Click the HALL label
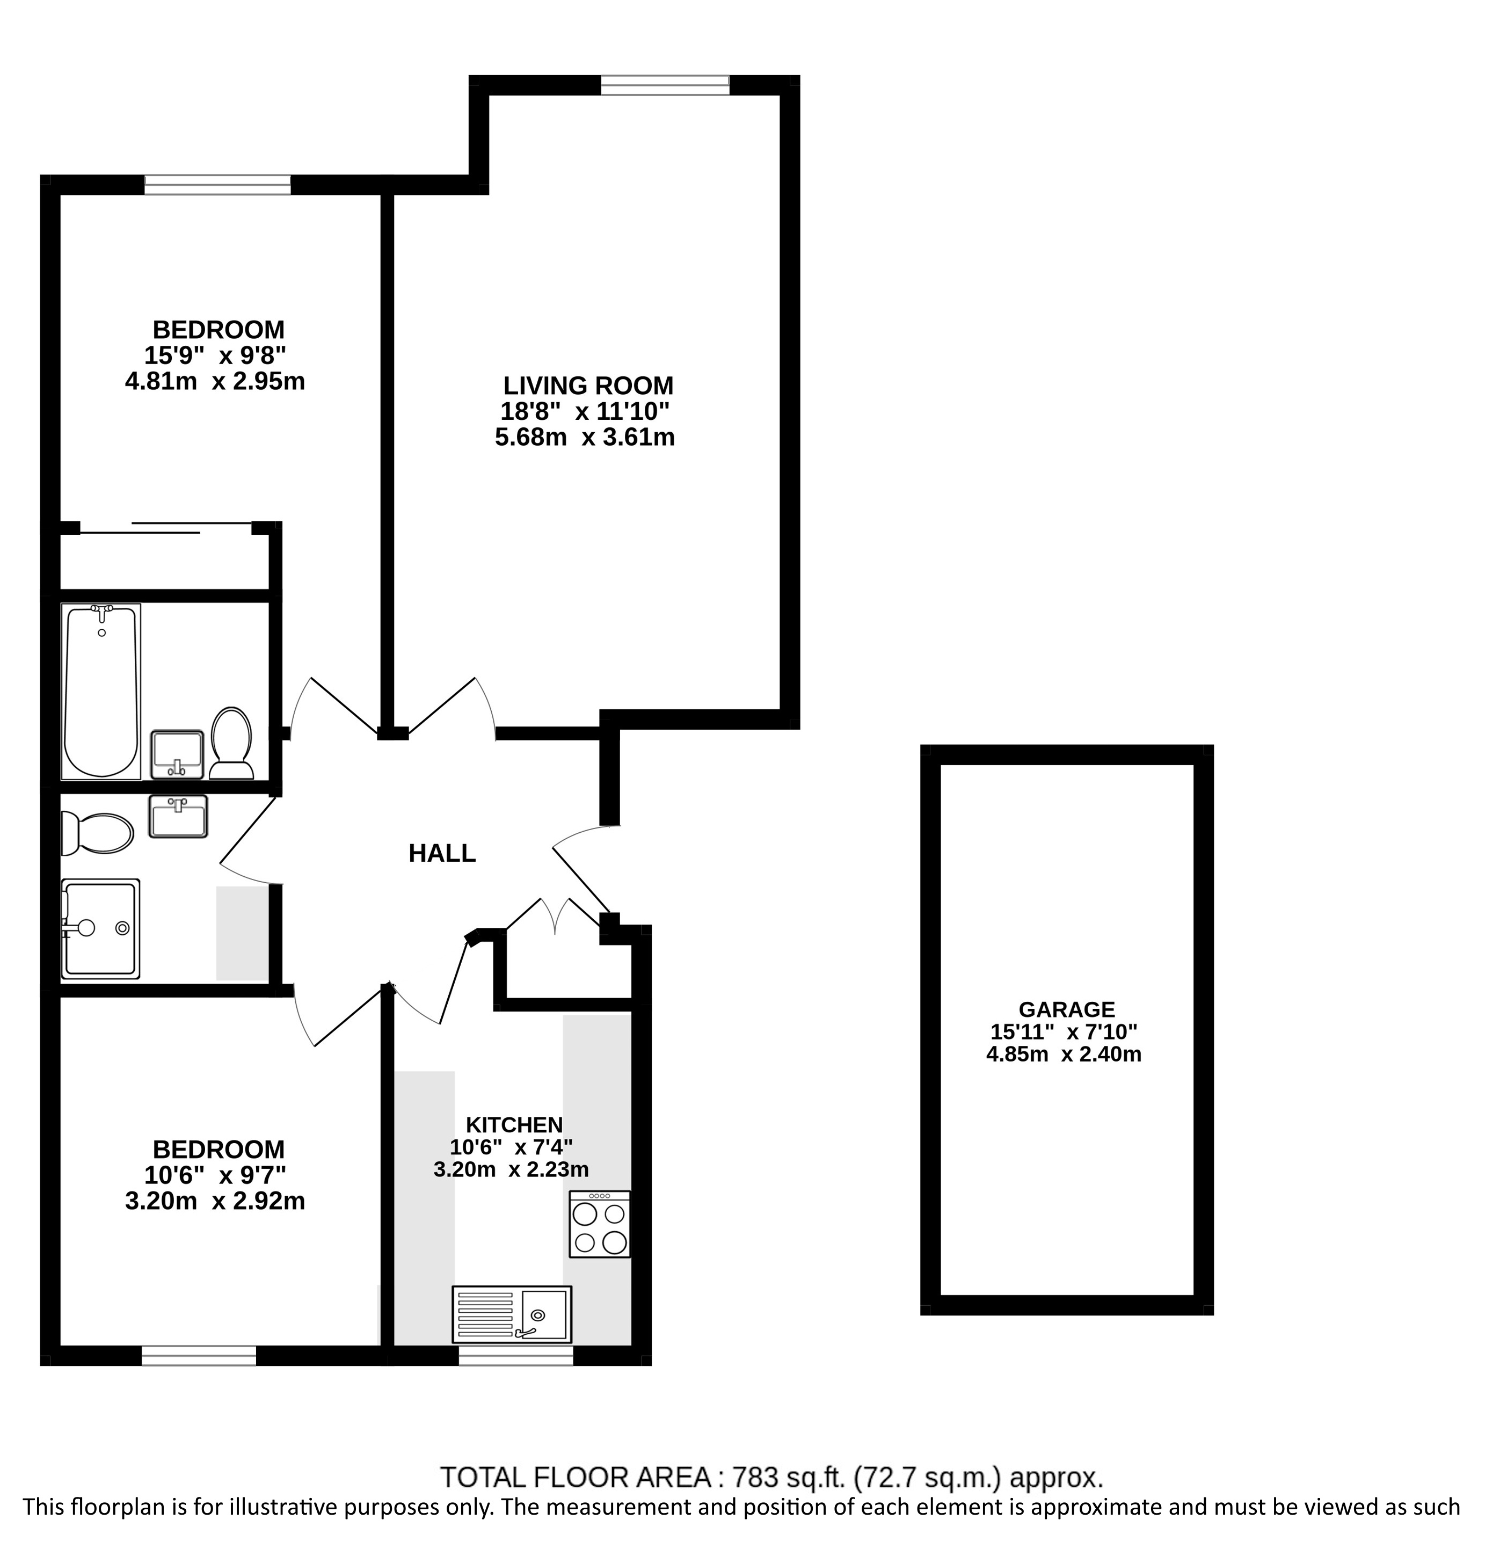click(442, 853)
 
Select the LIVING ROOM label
click(588, 386)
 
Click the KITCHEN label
click(514, 1124)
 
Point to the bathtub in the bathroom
click(101, 690)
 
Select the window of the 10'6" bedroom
click(199, 1355)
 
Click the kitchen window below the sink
click(516, 1355)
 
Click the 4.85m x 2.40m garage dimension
click(1064, 1055)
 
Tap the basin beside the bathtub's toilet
click(178, 753)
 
